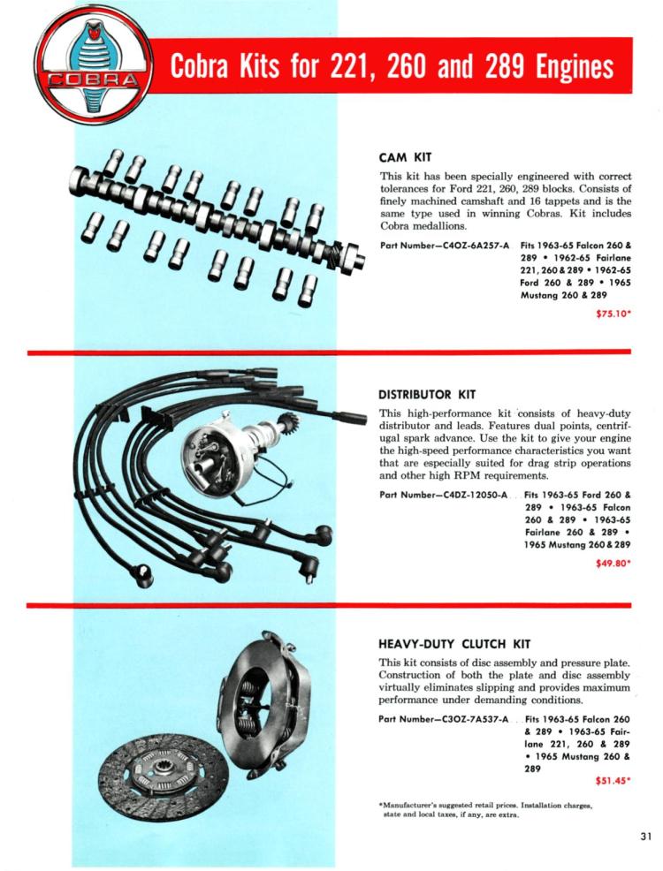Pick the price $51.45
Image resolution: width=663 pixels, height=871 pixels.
(x=610, y=780)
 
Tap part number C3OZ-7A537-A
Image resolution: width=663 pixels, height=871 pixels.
(x=444, y=718)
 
